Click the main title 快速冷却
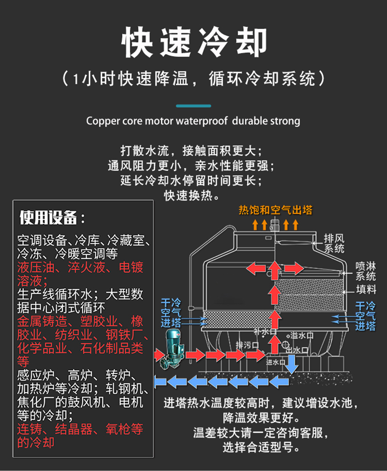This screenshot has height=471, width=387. (x=194, y=42)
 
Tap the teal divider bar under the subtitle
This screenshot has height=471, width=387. (x=193, y=106)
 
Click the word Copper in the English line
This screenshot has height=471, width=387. (x=99, y=121)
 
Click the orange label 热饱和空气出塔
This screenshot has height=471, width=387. (x=276, y=210)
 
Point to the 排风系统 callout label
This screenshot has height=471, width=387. (x=334, y=243)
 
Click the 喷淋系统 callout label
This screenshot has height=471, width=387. (x=365, y=271)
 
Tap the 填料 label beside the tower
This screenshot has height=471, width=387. (x=366, y=289)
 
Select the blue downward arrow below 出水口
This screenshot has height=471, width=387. (x=291, y=364)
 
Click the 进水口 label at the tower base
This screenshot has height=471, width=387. (x=275, y=362)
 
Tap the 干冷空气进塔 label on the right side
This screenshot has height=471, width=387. (x=365, y=316)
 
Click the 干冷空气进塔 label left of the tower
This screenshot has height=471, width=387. (x=171, y=312)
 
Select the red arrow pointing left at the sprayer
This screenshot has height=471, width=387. (x=256, y=268)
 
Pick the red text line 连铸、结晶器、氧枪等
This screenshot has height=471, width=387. (x=80, y=429)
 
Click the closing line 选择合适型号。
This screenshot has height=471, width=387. (x=261, y=447)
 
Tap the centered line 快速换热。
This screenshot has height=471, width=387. (x=192, y=195)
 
